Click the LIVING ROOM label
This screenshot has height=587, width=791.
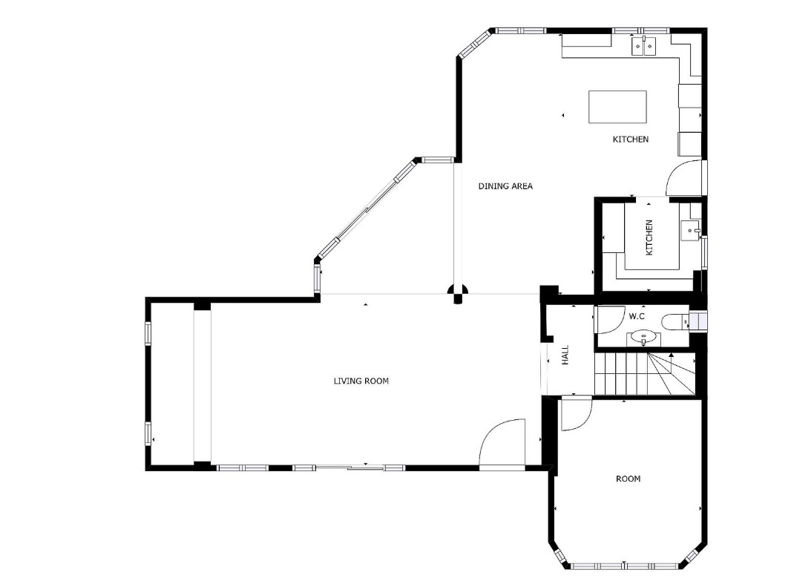[x=361, y=381]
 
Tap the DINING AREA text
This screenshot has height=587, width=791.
[x=505, y=186]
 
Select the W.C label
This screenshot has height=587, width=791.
[x=637, y=316]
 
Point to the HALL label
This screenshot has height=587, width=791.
[x=565, y=355]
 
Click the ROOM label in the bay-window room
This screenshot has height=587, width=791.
[x=628, y=479]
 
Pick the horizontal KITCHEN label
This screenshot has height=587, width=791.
[x=631, y=140]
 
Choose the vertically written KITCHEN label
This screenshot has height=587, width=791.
[x=649, y=237]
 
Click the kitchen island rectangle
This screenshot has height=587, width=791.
[x=617, y=107]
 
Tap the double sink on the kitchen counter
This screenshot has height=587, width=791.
[x=644, y=46]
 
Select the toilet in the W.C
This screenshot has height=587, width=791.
[x=675, y=321]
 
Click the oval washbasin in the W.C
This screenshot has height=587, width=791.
[x=643, y=336]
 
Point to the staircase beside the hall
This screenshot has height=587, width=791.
[x=646, y=374]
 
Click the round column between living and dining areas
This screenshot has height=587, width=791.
[x=458, y=293]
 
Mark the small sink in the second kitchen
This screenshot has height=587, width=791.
[x=689, y=231]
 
